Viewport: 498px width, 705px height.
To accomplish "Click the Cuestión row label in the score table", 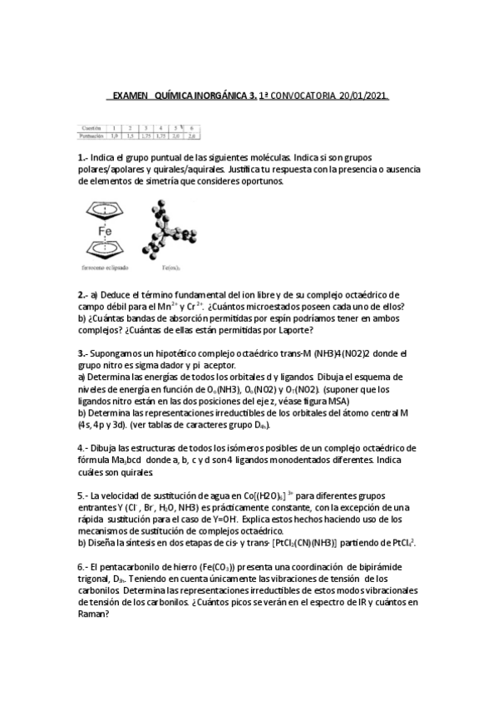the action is [86, 127].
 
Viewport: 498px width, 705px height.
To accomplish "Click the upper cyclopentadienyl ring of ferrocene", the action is [105, 209].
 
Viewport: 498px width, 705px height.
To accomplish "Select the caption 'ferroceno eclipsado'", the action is [105, 269].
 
